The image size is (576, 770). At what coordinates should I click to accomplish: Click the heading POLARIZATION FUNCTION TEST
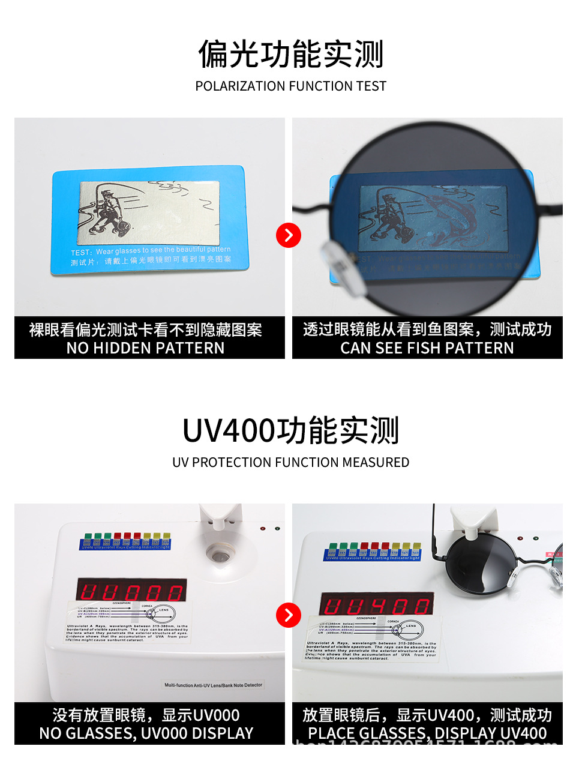point(290,86)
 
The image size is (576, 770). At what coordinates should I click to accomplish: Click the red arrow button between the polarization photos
point(289,235)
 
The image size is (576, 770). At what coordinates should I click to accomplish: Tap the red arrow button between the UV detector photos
point(289,615)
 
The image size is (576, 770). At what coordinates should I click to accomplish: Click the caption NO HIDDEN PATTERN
point(146,348)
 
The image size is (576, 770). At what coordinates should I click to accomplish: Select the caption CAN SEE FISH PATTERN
point(427,348)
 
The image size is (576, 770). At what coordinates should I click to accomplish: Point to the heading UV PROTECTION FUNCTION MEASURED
point(290,463)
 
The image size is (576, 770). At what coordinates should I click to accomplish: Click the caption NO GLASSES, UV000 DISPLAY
point(146,733)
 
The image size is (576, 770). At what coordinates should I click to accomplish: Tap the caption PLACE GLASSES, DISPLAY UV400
point(427,733)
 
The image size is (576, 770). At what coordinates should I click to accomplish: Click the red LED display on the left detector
point(131,591)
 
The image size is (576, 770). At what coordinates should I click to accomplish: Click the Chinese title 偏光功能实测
point(290,54)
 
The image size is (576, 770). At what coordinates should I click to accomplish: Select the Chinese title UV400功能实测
point(290,430)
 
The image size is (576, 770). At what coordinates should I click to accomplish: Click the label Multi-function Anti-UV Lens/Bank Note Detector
point(214,685)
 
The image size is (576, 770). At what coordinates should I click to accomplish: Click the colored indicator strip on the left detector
point(125,541)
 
